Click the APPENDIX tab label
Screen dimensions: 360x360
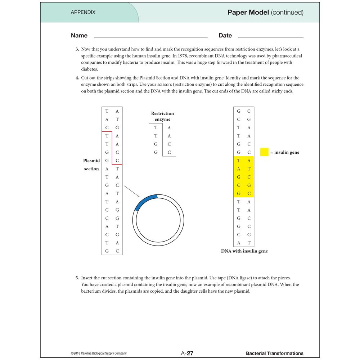pos(83,12)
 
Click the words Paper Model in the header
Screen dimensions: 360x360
pos(248,12)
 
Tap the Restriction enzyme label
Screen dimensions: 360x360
pos(162,116)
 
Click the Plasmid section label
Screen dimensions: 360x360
pos(91,165)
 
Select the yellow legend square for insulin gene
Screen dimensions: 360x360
pos(264,152)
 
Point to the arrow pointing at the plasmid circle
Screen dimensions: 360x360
pos(132,191)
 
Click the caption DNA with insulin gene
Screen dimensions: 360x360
pos(244,251)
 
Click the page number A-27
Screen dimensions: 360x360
pos(187,353)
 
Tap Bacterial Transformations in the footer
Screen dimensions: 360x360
pos(274,353)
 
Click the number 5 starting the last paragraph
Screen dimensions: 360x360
pos(77,278)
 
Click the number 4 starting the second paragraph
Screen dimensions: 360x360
pos(77,78)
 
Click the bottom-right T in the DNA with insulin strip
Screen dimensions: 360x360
pos(249,243)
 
